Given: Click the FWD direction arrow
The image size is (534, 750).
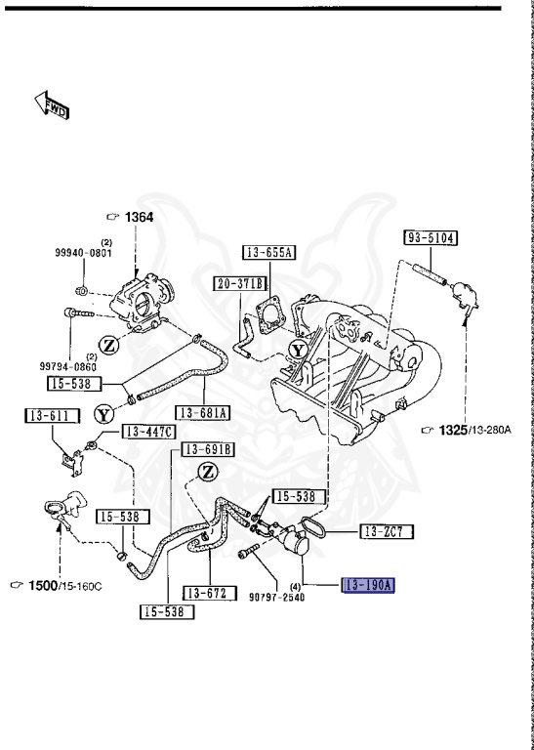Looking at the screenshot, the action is [52, 105].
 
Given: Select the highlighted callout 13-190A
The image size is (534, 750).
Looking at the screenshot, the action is [368, 585].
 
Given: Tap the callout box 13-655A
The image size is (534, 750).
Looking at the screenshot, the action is [268, 252].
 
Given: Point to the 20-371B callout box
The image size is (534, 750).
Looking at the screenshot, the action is [240, 283].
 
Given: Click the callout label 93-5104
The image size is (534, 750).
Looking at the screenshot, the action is [431, 237].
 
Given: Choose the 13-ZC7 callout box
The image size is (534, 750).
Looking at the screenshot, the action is [387, 531].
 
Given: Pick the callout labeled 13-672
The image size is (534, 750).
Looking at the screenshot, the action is [210, 593].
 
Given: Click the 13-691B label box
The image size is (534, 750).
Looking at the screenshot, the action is [208, 449].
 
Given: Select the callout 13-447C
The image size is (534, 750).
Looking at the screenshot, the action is [149, 432].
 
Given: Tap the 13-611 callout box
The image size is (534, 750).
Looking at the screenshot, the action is [52, 416].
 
